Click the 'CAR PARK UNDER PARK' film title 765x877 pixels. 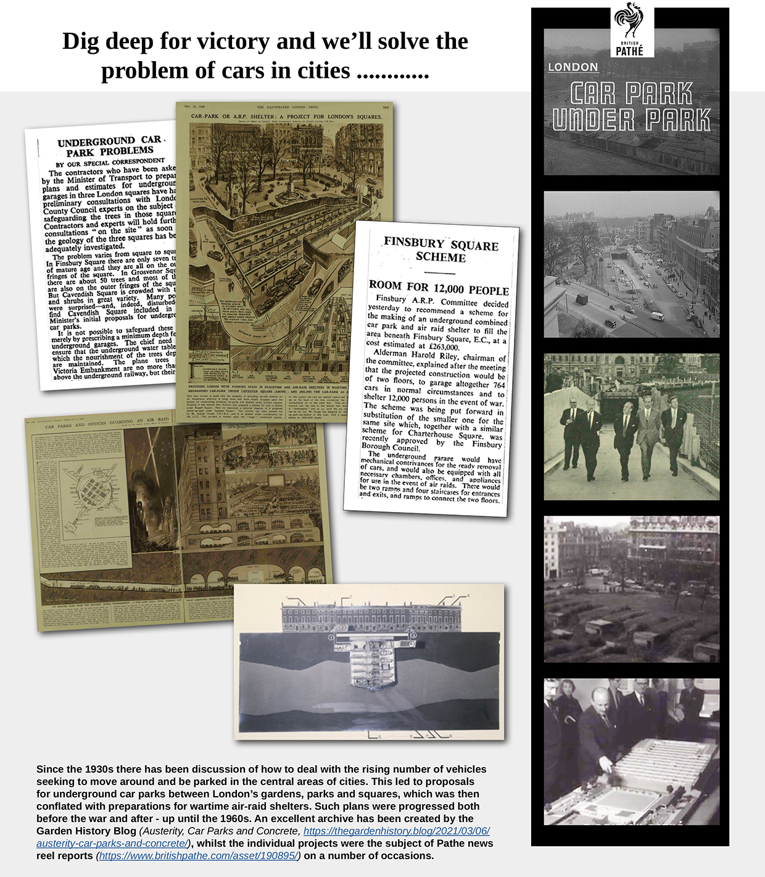click(631, 106)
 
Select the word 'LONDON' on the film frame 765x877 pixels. click(573, 67)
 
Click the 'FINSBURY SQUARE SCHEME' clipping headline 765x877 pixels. click(440, 250)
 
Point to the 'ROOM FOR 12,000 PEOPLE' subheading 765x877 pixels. click(439, 288)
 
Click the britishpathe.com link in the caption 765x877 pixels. click(199, 856)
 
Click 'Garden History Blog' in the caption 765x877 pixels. click(86, 831)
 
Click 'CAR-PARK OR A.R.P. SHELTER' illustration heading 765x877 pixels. click(286, 116)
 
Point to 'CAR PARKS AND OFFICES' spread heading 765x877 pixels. click(80, 426)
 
